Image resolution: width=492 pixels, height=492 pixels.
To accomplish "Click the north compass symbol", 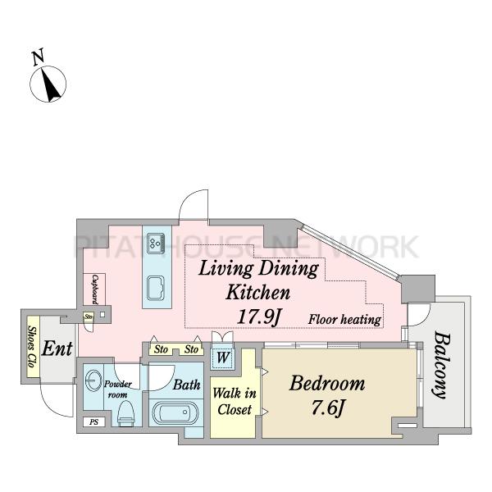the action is coord(48,84).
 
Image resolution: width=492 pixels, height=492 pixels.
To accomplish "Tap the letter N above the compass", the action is coord(39,57).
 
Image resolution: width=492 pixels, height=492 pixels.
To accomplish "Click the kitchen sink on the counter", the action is coord(156,288).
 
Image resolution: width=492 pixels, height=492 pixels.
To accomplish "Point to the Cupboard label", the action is coord(95,289).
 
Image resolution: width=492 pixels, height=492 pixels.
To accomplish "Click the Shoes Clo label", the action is coord(32,347).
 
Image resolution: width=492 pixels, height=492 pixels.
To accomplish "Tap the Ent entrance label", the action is coord(57,348).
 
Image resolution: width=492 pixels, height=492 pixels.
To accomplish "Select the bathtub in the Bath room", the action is coord(175,412).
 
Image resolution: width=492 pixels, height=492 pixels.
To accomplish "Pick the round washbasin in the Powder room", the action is coord(93,380).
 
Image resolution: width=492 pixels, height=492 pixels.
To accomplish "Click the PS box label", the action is coord(93,422).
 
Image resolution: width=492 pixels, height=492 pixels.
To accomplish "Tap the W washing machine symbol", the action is coord(223,357).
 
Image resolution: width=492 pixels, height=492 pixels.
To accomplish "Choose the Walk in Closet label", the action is coord(235,401).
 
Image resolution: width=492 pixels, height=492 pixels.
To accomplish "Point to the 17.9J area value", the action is coord(258,317).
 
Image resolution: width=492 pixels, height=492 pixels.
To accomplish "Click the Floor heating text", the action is coord(344,320).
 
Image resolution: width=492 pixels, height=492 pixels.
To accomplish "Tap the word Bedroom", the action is coord(327,383).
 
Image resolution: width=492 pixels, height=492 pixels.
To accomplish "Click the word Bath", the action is coord(187,385).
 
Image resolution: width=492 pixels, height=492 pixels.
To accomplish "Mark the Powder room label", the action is coord(118,389).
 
